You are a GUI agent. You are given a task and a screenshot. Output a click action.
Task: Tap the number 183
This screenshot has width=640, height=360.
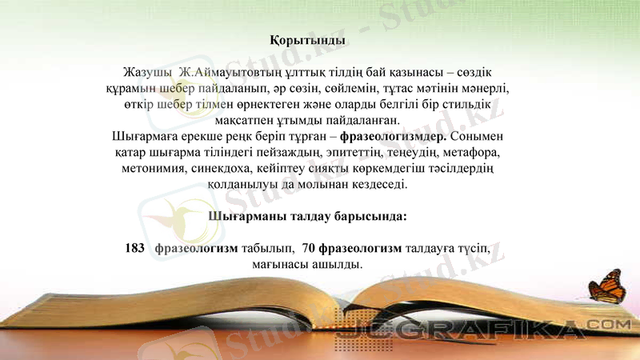134,248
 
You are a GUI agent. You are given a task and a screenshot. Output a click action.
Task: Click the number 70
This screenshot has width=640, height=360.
309,248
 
